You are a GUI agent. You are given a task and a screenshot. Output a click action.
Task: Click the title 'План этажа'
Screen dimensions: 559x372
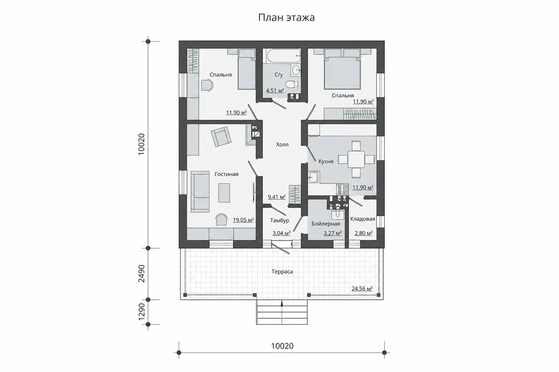tap(286, 18)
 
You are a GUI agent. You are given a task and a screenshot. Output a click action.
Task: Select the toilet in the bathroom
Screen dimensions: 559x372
tap(292, 84)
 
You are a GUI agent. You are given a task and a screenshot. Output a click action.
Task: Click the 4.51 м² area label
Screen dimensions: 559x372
tap(275, 90)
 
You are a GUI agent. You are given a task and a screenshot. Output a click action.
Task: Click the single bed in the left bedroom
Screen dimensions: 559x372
tap(247, 69)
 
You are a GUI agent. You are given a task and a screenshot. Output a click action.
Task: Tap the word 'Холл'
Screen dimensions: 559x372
tap(282, 144)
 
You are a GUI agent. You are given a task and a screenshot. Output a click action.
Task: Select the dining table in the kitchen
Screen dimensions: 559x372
tap(356, 159)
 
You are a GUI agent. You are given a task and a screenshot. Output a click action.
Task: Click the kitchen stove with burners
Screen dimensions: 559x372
tap(342, 189)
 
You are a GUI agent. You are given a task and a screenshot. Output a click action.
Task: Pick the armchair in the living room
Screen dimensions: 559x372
tap(221, 136)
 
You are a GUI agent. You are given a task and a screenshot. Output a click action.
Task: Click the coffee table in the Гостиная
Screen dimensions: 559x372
tap(224, 193)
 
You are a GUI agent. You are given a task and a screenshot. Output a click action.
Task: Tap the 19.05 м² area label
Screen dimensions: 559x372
tap(243, 220)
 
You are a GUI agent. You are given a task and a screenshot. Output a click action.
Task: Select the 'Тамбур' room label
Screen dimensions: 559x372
tap(280, 221)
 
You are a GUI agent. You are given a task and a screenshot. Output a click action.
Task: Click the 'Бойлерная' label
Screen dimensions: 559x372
tap(326, 224)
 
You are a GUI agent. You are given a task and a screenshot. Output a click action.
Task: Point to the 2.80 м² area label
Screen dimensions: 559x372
tap(364, 233)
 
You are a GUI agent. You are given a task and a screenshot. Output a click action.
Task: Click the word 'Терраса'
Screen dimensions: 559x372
tap(282, 271)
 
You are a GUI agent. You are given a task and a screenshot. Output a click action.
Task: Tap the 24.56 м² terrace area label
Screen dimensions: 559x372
tap(362, 289)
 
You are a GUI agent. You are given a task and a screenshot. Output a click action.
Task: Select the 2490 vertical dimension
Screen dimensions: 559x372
tap(141, 273)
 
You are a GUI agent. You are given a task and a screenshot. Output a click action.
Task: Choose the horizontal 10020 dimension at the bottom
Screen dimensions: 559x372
tap(282, 346)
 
